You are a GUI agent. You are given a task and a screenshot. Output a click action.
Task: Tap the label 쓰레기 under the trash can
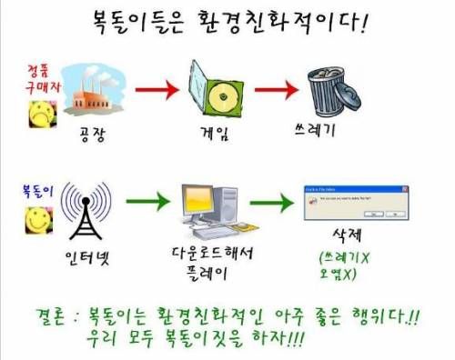[329, 129]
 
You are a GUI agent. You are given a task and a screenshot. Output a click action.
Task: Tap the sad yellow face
[39, 114]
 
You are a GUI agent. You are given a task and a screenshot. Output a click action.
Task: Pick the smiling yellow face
[37, 222]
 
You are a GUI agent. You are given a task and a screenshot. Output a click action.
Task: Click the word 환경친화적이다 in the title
[286, 17]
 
